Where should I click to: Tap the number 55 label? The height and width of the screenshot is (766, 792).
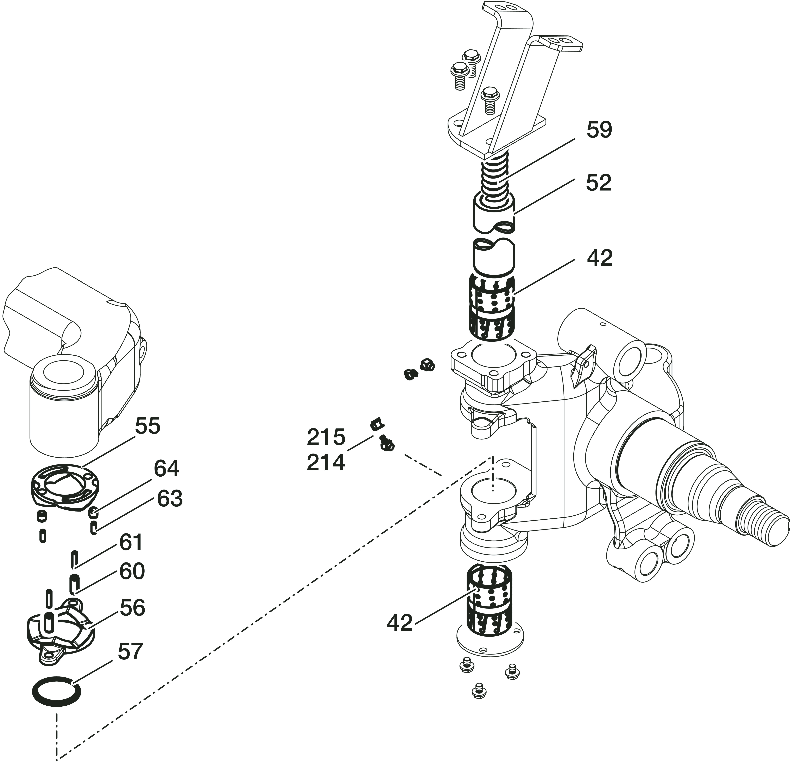click(x=147, y=426)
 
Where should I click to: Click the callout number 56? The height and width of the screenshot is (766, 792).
click(x=132, y=608)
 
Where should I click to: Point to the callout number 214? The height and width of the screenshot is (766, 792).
click(x=326, y=463)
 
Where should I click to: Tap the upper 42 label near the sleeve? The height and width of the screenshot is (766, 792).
click(x=600, y=258)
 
